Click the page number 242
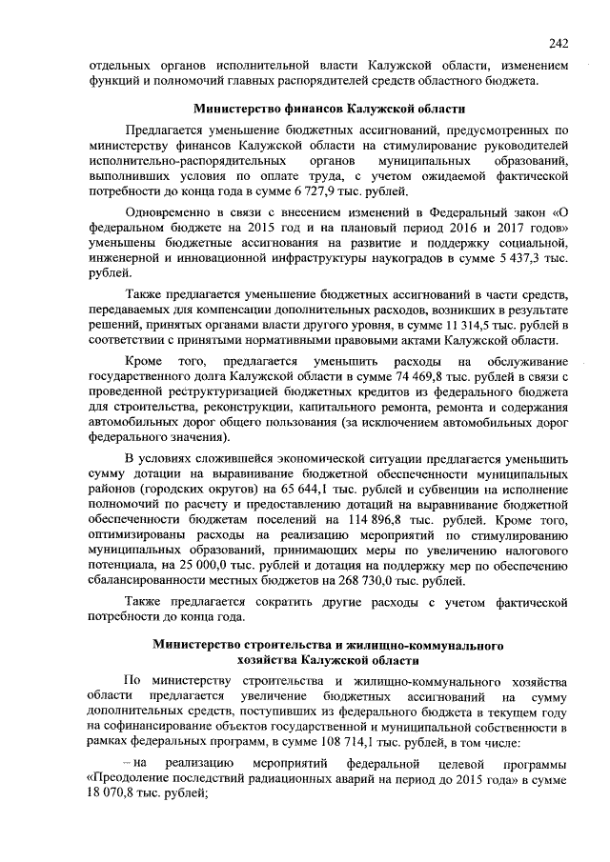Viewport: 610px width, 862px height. click(x=559, y=42)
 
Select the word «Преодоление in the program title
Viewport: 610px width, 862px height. click(x=128, y=779)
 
